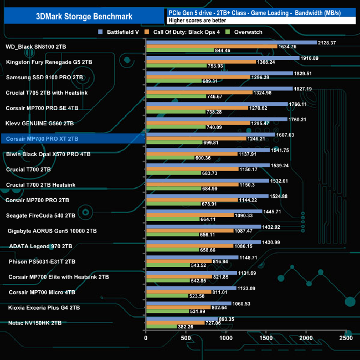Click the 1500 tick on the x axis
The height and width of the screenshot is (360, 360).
pyautogui.click(x=266, y=337)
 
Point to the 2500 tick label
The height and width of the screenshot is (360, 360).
pyautogui.click(x=346, y=337)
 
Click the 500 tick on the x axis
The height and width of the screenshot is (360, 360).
pyautogui.click(x=186, y=337)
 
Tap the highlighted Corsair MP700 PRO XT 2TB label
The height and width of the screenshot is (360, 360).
pyautogui.click(x=42, y=138)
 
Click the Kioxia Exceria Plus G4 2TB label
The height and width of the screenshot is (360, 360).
pyautogui.click(x=44, y=307)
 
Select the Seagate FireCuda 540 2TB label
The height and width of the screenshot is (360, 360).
pyautogui.click(x=40, y=215)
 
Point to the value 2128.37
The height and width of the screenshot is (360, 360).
pyautogui.click(x=329, y=42)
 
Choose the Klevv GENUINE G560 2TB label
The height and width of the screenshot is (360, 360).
pyautogui.click(x=39, y=123)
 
